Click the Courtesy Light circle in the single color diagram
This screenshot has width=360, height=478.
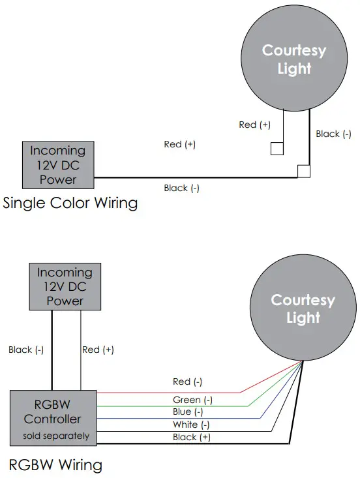(293, 59)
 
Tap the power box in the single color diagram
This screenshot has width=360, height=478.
(58, 164)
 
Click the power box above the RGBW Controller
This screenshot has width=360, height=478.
(65, 286)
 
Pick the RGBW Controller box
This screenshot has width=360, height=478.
(52, 417)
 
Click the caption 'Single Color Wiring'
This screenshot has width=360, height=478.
(70, 203)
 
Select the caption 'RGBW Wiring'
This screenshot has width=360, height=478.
(55, 465)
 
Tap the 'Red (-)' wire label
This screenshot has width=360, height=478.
(187, 381)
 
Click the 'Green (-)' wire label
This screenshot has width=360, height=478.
(192, 400)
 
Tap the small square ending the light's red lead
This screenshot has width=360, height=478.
(277, 149)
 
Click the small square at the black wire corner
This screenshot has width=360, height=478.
(303, 172)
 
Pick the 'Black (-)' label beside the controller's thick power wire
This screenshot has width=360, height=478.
(26, 350)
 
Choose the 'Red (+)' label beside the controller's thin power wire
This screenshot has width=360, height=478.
(98, 350)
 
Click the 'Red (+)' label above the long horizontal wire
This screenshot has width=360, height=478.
(179, 144)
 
